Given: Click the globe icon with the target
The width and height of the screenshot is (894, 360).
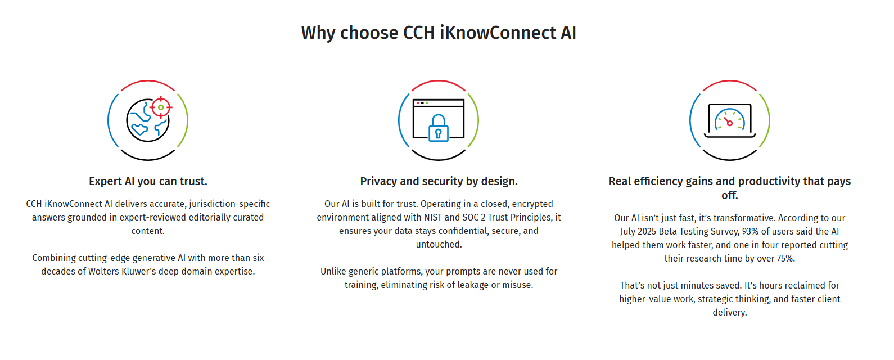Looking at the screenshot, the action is click(149, 119).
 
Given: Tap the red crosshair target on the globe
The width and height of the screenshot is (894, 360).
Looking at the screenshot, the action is click(161, 107).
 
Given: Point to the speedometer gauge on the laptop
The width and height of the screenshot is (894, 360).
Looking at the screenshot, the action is click(730, 119).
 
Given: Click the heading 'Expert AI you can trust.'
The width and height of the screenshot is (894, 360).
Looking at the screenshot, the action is click(148, 181).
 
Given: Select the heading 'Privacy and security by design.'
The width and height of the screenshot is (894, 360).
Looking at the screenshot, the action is click(439, 181).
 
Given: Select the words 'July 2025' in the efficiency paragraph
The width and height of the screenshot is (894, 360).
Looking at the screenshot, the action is click(638, 232).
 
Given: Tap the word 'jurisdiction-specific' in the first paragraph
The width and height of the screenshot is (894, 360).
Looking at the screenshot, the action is click(229, 204).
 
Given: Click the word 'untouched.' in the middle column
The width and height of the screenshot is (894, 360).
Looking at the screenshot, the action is click(439, 244).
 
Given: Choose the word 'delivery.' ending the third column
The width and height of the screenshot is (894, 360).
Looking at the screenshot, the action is click(730, 313).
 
